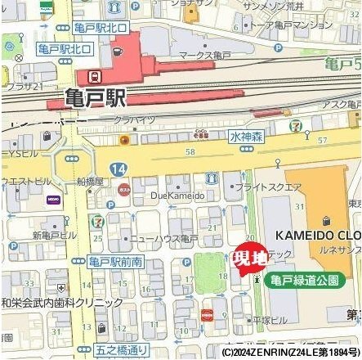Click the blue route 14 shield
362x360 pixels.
coord(120,169)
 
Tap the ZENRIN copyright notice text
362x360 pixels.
coord(287,353)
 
